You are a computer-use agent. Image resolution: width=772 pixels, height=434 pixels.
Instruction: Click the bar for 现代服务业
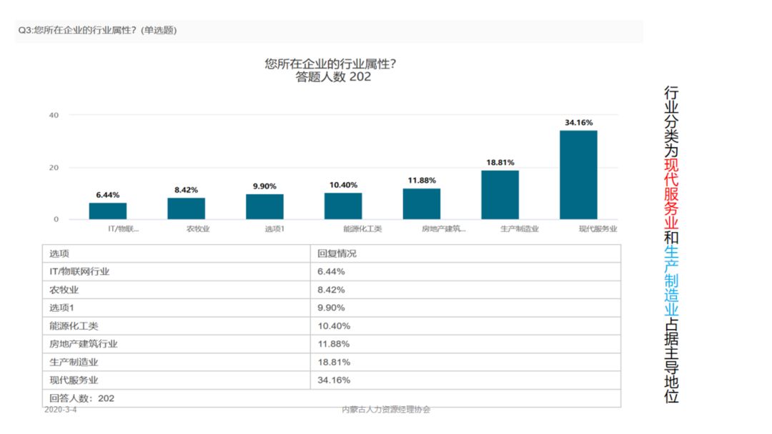point(578,175)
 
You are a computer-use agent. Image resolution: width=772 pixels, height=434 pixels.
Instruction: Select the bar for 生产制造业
point(500,194)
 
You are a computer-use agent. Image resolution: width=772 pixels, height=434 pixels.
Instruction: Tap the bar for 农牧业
point(186,208)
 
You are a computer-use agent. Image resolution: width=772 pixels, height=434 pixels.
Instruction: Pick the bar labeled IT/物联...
point(108,211)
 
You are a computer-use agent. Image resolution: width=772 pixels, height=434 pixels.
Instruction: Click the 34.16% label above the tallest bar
point(578,123)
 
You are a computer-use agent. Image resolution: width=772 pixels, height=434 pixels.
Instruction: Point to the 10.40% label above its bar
point(343,185)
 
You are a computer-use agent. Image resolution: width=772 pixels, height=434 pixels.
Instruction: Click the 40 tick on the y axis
point(54,115)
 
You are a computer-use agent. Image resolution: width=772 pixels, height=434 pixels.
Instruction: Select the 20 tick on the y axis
point(54,168)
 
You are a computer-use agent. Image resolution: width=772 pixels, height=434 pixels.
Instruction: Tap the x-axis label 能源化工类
point(362,229)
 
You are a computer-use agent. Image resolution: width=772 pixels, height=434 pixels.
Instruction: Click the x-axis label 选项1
point(275,229)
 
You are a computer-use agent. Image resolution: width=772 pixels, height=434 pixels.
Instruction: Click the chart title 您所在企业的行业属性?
point(330,64)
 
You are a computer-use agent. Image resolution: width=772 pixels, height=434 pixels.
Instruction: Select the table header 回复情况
point(337,253)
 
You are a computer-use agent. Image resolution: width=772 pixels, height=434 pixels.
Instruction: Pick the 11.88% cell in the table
point(334,344)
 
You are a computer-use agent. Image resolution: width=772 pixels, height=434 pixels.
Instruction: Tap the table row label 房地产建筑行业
point(84,344)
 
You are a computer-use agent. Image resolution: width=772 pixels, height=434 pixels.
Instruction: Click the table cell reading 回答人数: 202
point(81,398)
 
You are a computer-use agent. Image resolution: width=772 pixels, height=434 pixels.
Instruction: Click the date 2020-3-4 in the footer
point(60,410)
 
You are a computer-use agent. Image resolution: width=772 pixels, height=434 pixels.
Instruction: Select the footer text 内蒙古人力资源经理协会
point(386,410)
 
